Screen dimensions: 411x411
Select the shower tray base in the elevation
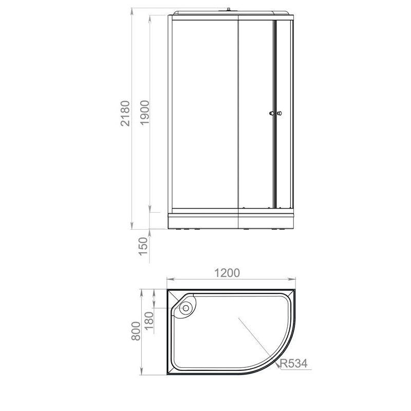[231, 220]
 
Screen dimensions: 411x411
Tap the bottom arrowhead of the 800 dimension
[142, 375]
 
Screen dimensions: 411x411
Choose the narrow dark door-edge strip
[275, 113]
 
